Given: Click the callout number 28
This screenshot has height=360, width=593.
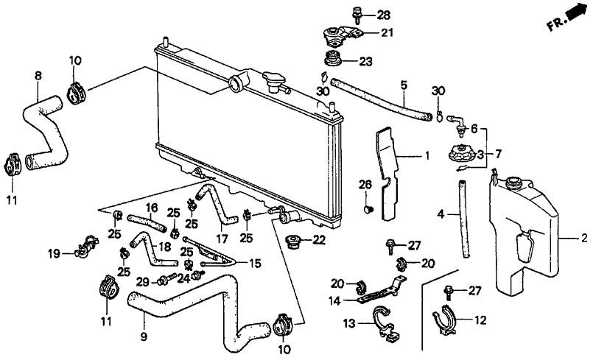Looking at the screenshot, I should (384, 15).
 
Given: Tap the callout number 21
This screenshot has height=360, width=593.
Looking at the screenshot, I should (387, 32).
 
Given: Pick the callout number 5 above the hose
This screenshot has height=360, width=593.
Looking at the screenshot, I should (404, 86).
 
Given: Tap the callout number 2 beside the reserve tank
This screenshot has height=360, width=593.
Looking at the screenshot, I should (583, 238).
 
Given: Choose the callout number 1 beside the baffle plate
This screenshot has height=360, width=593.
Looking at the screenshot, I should (426, 156).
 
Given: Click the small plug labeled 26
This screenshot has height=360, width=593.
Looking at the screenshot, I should (368, 210).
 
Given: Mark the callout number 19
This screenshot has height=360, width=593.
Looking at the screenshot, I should (54, 254).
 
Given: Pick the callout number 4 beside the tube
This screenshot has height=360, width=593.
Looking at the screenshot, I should (441, 214).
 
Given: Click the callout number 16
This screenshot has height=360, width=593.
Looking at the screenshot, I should (152, 208).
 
